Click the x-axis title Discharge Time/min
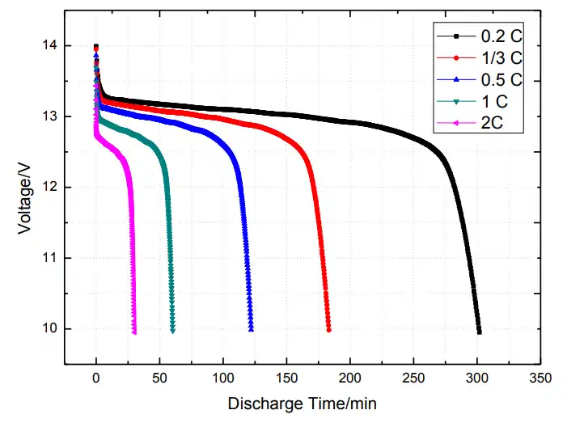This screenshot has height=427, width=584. pyautogui.click(x=302, y=403)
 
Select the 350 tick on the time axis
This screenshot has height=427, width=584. pyautogui.click(x=540, y=378)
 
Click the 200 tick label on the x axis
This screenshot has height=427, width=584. pyautogui.click(x=350, y=378)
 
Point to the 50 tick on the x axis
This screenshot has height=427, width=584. pyautogui.click(x=159, y=378)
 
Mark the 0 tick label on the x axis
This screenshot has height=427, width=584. pyautogui.click(x=96, y=378)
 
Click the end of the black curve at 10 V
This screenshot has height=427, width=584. pyautogui.click(x=479, y=332)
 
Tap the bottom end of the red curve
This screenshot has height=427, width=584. pyautogui.click(x=328, y=329)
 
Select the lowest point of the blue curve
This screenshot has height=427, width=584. pyautogui.click(x=252, y=329)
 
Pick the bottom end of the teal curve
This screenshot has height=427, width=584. pyautogui.click(x=172, y=330)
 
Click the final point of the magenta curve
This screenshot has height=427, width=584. pyautogui.click(x=134, y=332)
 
